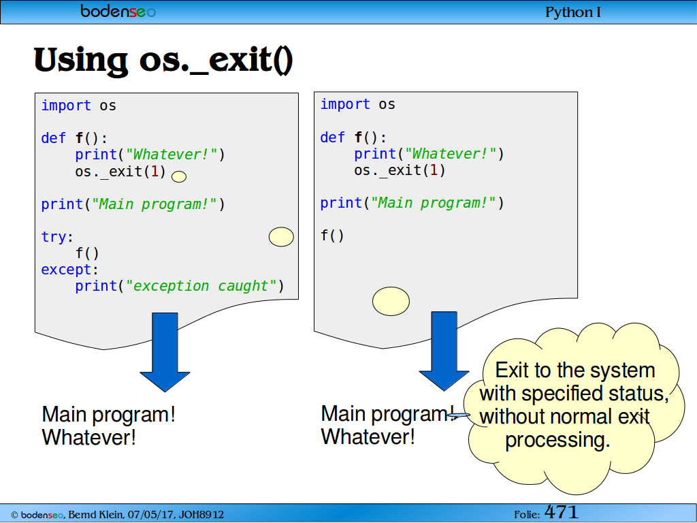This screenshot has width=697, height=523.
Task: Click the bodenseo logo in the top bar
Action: click(x=118, y=11)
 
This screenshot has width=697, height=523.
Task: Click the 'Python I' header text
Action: click(x=573, y=12)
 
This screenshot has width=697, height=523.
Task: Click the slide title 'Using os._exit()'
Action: click(x=163, y=61)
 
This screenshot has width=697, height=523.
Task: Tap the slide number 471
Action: click(x=561, y=512)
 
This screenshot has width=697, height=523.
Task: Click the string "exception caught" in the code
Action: click(x=201, y=285)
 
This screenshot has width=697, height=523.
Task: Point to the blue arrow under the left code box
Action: click(x=165, y=352)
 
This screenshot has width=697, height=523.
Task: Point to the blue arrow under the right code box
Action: click(x=444, y=351)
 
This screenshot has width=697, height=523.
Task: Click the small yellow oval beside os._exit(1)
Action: click(x=179, y=176)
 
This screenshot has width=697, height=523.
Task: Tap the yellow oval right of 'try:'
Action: click(x=281, y=236)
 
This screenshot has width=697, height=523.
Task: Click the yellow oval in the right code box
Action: click(x=391, y=301)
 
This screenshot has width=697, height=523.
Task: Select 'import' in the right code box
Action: click(x=345, y=104)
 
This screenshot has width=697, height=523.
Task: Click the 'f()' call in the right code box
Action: click(x=332, y=235)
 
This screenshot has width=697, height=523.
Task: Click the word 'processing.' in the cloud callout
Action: click(x=558, y=441)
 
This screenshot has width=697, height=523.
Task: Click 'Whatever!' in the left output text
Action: click(x=89, y=437)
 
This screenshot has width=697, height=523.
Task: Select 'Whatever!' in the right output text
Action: click(x=368, y=437)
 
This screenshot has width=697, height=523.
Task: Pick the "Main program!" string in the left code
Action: click(x=154, y=204)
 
